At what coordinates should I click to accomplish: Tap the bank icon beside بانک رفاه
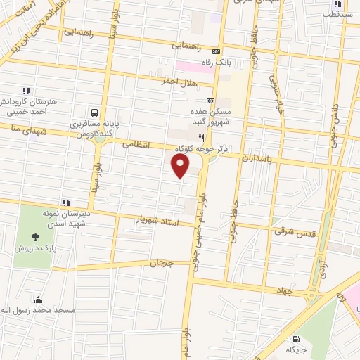click(216, 51)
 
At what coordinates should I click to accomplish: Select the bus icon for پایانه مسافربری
click(94, 112)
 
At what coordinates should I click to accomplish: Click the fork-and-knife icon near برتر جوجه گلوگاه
click(201, 138)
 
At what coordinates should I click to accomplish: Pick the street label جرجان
click(160, 262)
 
